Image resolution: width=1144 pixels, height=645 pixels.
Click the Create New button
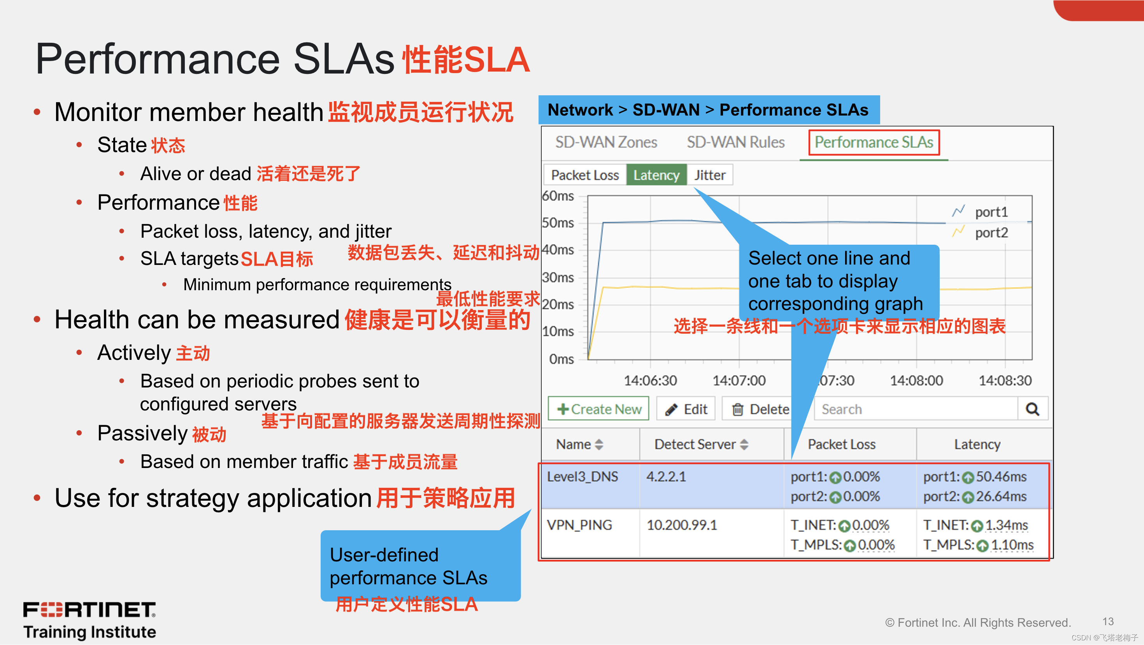tap(598, 409)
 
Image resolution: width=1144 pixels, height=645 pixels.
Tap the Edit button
tap(686, 409)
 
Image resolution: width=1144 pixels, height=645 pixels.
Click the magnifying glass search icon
tap(1032, 409)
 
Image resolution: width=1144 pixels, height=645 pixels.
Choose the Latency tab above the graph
tap(656, 175)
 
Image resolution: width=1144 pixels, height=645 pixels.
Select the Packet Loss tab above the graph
tap(584, 175)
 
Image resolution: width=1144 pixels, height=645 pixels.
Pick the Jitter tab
tap(709, 175)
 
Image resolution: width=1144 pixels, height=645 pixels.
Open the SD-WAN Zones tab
tap(606, 142)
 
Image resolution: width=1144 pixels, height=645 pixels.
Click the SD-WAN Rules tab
tap(735, 142)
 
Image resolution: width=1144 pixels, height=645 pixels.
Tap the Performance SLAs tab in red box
tap(874, 142)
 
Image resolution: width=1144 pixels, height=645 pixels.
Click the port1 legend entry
tap(990, 212)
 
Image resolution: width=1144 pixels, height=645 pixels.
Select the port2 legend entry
tap(990, 233)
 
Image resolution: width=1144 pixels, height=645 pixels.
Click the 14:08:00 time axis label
tap(916, 380)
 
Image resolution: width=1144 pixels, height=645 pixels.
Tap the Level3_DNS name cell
tap(582, 477)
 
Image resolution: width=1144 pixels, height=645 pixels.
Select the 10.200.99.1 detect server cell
tap(682, 525)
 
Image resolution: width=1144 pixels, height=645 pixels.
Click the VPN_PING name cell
tap(579, 525)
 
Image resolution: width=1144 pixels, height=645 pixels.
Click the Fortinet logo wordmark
tap(89, 610)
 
